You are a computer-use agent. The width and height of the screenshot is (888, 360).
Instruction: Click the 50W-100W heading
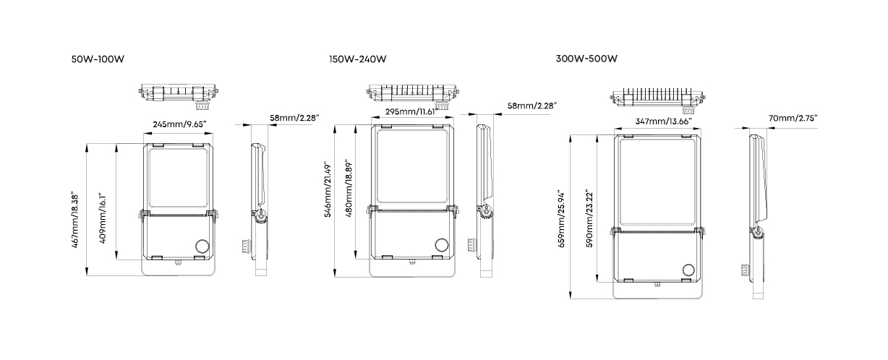(98, 59)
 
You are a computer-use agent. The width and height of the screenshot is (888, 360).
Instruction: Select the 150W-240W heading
(357, 59)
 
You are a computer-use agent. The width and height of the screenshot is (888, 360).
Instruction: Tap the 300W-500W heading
(586, 59)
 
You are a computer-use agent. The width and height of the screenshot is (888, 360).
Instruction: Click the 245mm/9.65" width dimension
(179, 124)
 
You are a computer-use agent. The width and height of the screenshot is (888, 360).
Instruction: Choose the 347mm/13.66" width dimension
(663, 121)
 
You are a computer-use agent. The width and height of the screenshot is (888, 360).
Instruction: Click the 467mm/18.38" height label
(75, 220)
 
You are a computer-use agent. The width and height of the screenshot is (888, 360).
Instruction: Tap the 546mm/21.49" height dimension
(328, 189)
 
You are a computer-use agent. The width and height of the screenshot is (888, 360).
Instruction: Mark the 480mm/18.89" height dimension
(349, 189)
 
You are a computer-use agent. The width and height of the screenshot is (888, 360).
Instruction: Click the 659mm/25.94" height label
(561, 219)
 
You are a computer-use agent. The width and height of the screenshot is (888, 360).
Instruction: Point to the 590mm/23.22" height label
(589, 219)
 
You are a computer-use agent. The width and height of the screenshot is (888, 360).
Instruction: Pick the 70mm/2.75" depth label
(793, 118)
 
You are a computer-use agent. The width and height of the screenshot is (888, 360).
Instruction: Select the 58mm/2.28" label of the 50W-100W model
(294, 118)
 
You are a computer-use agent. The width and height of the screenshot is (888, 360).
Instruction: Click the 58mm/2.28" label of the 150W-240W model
(532, 106)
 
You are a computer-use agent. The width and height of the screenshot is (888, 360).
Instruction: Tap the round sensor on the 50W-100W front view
(202, 247)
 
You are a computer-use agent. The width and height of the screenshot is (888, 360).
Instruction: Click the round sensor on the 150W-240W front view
(442, 245)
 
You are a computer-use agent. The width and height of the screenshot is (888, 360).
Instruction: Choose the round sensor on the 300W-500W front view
(689, 270)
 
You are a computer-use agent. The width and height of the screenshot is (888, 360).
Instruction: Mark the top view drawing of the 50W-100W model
(179, 95)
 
